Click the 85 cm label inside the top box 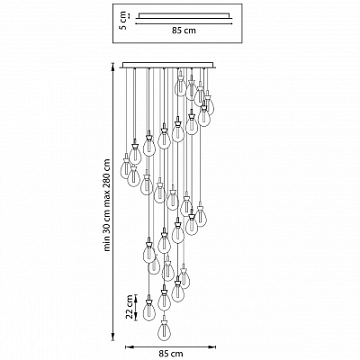[x=184, y=31]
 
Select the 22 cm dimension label [x=130, y=307]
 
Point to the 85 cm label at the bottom [x=170, y=354]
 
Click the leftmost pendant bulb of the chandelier [x=126, y=166]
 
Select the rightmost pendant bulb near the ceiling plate [x=209, y=103]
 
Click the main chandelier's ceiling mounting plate [x=169, y=65]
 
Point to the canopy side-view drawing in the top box [x=184, y=17]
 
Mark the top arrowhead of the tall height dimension [x=112, y=65]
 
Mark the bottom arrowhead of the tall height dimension [x=112, y=338]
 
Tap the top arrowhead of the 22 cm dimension [x=136, y=297]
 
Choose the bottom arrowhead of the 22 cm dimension [x=136, y=318]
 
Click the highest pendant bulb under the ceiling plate [x=180, y=84]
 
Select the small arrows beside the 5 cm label [x=129, y=15]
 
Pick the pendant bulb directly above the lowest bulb [x=164, y=298]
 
